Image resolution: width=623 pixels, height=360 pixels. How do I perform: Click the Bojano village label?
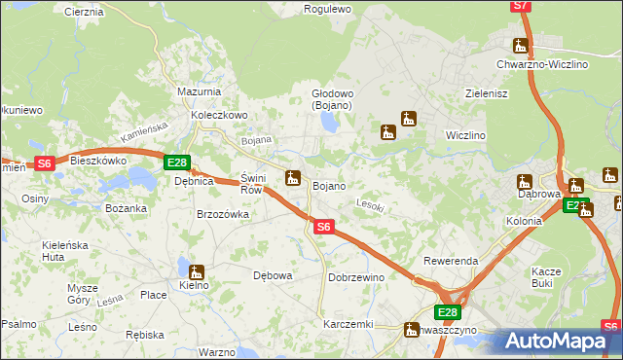coord(329,185)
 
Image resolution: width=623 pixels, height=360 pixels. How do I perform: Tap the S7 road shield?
coord(521,6)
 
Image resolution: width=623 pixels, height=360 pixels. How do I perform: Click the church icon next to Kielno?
coord(197,272)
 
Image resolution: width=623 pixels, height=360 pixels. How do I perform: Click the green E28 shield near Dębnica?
coord(176,162)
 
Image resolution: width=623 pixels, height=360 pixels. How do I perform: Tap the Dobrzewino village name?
coord(356,277)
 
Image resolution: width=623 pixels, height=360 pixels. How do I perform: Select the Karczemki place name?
coord(348,324)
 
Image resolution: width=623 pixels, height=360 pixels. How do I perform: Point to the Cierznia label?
coord(83,12)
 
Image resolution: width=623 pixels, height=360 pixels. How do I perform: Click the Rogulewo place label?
coord(327,9)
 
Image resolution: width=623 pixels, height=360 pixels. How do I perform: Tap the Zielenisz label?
coord(488,93)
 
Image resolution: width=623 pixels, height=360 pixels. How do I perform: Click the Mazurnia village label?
coord(200,91)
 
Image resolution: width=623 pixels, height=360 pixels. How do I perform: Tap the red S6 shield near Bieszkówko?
coord(44,163)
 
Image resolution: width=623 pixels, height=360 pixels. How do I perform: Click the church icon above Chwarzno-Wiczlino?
coord(522,45)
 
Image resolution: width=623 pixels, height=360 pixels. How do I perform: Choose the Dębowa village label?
coord(273,275)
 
